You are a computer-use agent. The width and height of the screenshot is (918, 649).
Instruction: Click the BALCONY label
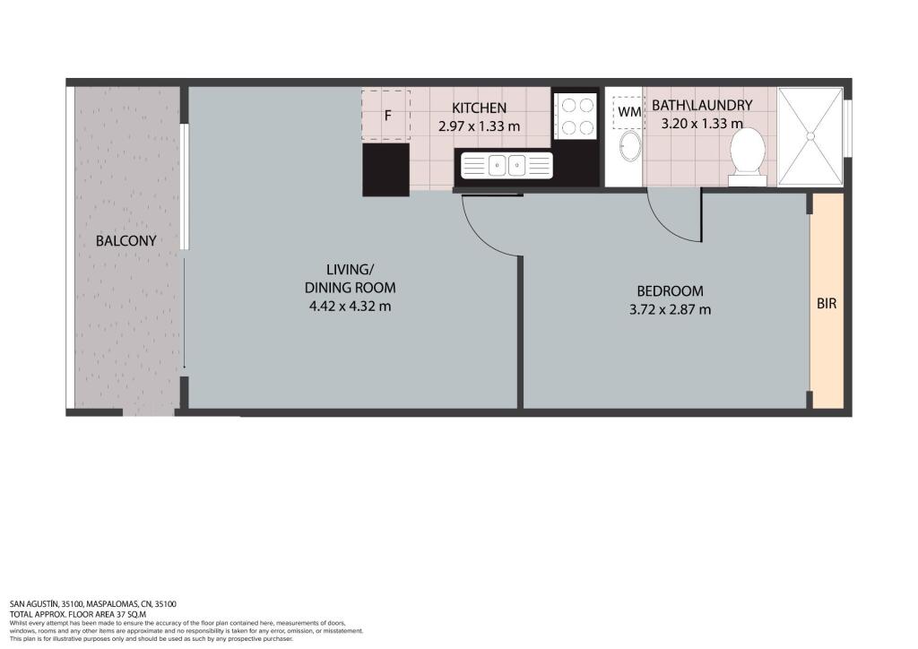pos(126,240)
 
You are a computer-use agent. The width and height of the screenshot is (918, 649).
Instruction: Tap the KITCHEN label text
pos(479,108)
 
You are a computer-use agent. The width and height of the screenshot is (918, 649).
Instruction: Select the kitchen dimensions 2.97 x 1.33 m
pos(479,126)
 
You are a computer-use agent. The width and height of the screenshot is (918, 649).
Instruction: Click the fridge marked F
pos(385,116)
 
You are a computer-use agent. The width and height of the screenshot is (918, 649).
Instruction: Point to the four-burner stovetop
pos(576,116)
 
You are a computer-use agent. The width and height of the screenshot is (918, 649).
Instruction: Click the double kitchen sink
pos(507,165)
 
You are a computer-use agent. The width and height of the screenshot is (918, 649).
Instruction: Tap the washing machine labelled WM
pos(628,111)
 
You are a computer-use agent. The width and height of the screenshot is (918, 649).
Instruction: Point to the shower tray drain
pos(810,136)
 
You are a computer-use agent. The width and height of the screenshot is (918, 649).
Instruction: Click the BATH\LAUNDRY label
pos(702,106)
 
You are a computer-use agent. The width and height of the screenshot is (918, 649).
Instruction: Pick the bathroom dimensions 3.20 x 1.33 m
pos(702,124)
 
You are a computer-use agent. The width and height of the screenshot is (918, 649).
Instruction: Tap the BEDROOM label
pos(670,290)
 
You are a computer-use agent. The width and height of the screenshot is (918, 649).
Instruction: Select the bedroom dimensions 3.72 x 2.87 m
pos(670,309)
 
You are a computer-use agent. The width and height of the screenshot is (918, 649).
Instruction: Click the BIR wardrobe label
pos(826,304)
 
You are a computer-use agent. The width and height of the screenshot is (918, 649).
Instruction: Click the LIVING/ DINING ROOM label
pos(351,279)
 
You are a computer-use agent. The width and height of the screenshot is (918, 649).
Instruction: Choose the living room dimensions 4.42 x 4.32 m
pos(351,306)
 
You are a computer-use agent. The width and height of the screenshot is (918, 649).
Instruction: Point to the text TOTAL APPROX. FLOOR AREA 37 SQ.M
pos(78,614)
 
